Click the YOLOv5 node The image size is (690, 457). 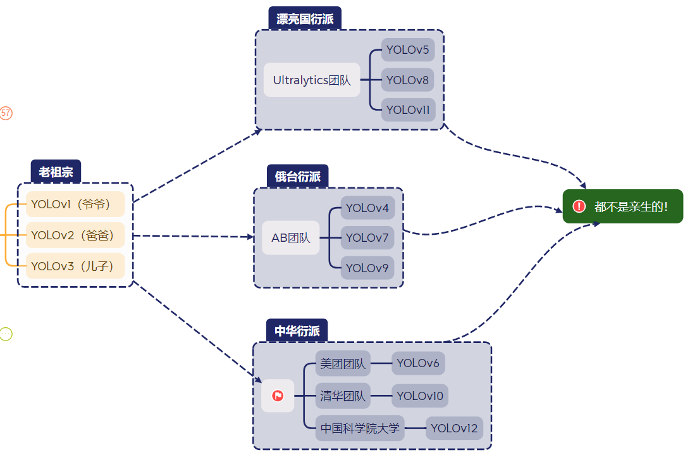407,50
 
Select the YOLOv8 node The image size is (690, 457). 407,80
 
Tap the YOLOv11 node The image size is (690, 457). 407,110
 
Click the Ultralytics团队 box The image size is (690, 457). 312,80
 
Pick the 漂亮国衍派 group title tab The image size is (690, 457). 305,19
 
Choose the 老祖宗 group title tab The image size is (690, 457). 56,172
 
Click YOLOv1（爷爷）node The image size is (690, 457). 75,204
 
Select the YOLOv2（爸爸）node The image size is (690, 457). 75,235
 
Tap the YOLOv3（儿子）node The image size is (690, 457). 75,266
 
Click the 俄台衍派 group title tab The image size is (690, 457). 297,176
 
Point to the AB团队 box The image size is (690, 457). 291,238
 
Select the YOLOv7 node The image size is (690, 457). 367,238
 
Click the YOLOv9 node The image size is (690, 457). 367,268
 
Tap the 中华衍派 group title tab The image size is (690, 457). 297,330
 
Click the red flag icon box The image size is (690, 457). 278,396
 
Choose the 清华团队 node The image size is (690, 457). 343,396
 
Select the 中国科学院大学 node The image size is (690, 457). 360,429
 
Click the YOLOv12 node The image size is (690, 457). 454,429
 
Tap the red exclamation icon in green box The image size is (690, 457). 579,206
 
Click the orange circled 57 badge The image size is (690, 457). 6,113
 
